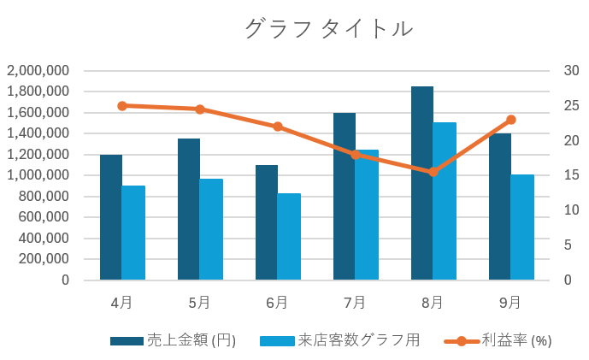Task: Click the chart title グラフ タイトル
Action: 329,29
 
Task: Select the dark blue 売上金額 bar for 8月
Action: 422,183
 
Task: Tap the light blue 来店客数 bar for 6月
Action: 289,237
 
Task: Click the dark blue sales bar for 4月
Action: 111,217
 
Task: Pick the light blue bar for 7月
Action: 367,215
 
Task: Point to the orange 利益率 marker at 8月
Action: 433,172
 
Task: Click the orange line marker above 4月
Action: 122,106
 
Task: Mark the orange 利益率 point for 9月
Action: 510,120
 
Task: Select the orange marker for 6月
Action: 278,127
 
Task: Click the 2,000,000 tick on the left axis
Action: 38,71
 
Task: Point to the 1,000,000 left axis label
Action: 38,175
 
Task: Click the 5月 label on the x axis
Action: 200,302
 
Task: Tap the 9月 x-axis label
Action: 510,302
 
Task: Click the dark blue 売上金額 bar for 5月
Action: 189,210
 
